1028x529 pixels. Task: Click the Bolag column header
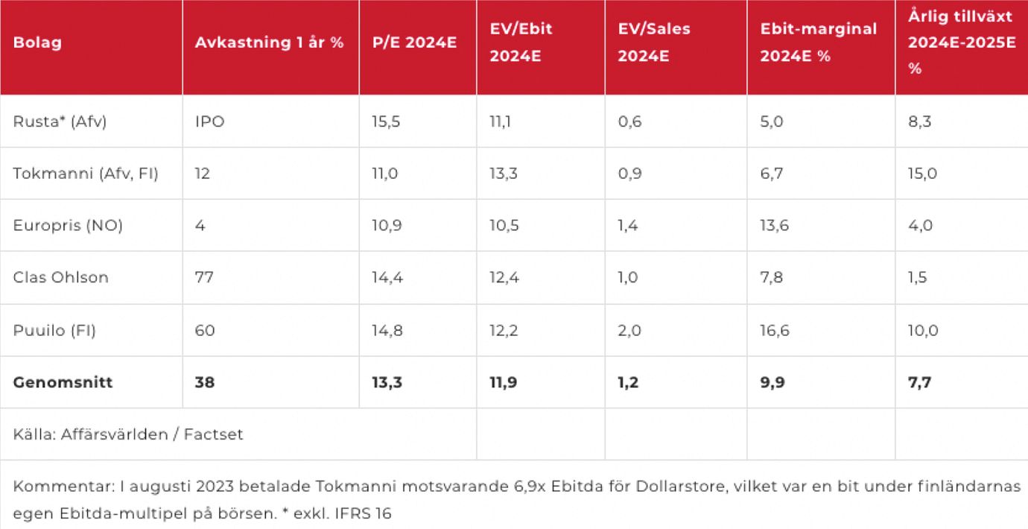click(x=37, y=42)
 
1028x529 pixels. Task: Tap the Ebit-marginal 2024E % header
click(x=818, y=42)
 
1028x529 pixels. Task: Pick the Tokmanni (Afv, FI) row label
click(x=86, y=174)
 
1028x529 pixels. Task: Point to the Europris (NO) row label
click(x=68, y=226)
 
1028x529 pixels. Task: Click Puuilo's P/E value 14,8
click(x=387, y=330)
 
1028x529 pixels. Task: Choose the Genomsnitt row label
click(x=63, y=382)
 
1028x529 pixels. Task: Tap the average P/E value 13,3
click(x=387, y=382)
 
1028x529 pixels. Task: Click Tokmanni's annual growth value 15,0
click(x=922, y=174)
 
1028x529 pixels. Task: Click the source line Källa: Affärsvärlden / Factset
click(x=128, y=434)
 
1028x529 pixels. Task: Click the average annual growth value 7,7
click(x=918, y=382)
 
